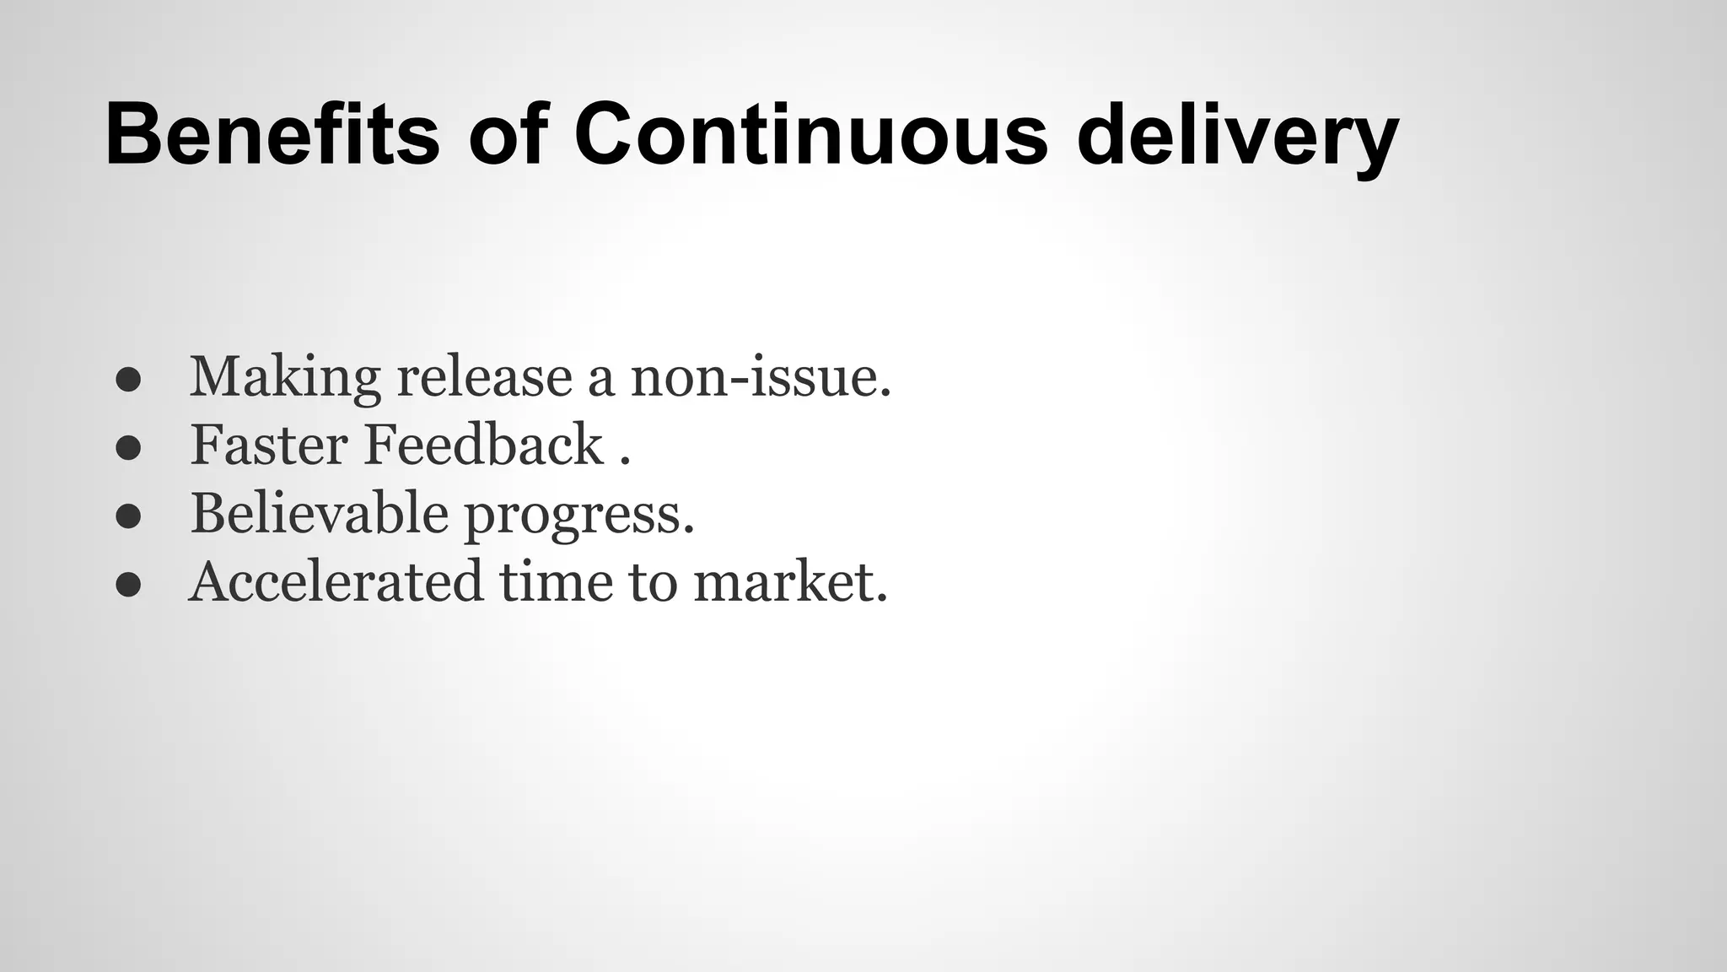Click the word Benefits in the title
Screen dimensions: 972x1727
pos(272,135)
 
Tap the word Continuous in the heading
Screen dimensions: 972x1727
pos(810,135)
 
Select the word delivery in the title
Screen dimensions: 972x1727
pos(1237,139)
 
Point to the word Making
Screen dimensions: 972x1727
pos(285,377)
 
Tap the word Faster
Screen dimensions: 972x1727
pos(269,445)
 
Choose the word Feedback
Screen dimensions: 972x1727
pos(483,445)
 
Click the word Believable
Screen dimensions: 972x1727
pos(319,513)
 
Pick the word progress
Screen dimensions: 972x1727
pos(579,516)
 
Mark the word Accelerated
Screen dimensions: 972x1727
pos(336,582)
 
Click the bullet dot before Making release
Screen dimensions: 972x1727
pos(128,381)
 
